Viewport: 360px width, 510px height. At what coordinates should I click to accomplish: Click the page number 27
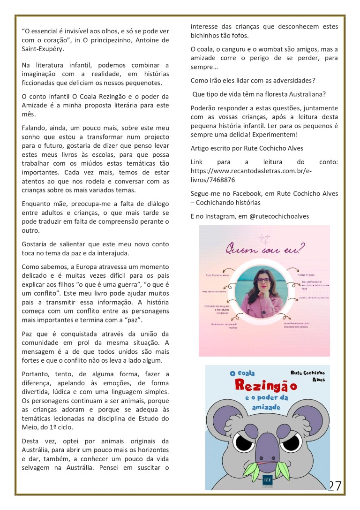pyautogui.click(x=335, y=486)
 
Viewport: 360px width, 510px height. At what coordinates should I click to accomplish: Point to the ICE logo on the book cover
pyautogui.click(x=268, y=481)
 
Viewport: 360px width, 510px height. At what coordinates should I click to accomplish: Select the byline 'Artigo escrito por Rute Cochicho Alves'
pyautogui.click(x=247, y=148)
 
